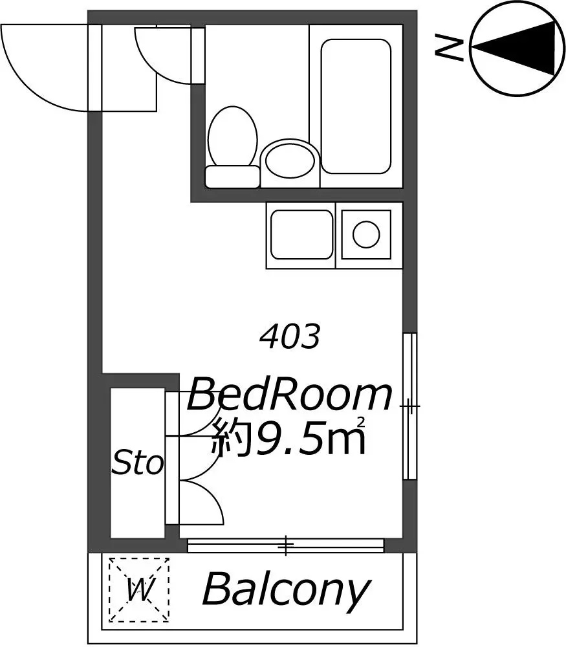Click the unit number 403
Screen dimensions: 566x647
coord(290,336)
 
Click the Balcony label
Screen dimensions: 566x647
coord(285,589)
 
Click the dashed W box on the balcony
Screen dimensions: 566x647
coord(139,589)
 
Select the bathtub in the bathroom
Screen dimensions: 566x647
coord(356,106)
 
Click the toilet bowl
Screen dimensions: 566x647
coord(233,136)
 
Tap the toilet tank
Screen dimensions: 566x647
coord(232,177)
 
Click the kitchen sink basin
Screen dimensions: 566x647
coord(301,235)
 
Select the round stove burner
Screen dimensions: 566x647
coord(366,234)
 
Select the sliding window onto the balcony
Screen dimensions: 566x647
coord(286,545)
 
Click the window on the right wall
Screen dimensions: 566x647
coord(409,406)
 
